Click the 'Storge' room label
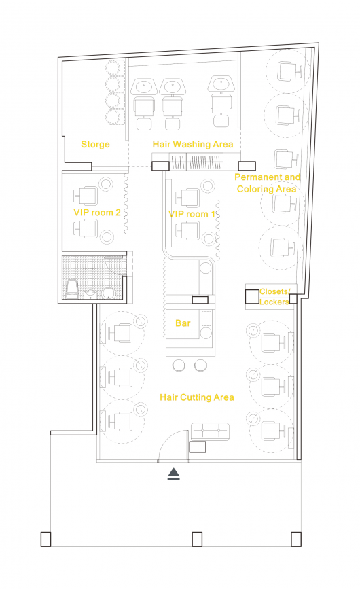tap(95, 145)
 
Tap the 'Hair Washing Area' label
tap(193, 144)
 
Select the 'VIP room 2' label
tap(97, 213)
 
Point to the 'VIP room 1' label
tap(192, 214)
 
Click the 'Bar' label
tap(183, 323)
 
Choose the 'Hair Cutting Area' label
tap(197, 397)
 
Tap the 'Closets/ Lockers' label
tap(274, 296)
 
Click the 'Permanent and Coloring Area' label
tap(267, 183)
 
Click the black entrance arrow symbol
tap(174, 474)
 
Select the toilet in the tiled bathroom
tap(72, 289)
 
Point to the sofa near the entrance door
tap(210, 431)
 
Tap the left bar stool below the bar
tap(179, 365)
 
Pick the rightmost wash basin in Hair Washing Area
tap(221, 84)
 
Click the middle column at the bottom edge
tap(197, 539)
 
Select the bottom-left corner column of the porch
tap(46, 539)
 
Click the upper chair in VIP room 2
tap(86, 196)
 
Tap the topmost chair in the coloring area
tap(289, 71)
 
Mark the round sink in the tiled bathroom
tap(108, 293)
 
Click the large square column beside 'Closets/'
tap(252, 297)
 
